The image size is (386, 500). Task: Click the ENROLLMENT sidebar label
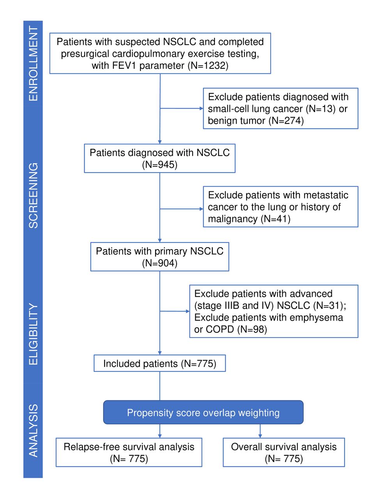pyautogui.click(x=33, y=64)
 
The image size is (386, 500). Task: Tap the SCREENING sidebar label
pyautogui.click(x=33, y=195)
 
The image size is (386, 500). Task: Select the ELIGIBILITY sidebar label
pyautogui.click(x=33, y=334)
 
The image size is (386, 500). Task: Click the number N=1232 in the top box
pyautogui.click(x=208, y=66)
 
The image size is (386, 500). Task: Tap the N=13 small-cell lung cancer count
pyautogui.click(x=321, y=109)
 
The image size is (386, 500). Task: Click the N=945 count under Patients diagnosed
pyautogui.click(x=159, y=165)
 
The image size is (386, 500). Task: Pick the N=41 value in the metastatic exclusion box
pyautogui.click(x=276, y=219)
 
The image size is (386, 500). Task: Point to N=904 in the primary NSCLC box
pyautogui.click(x=159, y=263)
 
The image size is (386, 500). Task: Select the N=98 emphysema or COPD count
pyautogui.click(x=252, y=330)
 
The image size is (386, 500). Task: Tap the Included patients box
pyautogui.click(x=159, y=363)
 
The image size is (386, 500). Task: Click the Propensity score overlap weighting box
pyautogui.click(x=203, y=412)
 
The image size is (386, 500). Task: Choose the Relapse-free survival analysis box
pyautogui.click(x=129, y=452)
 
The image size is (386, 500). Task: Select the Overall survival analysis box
pyautogui.click(x=284, y=452)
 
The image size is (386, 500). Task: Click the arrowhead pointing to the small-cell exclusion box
pyautogui.click(x=201, y=108)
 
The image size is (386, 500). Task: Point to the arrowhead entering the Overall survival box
pyautogui.click(x=260, y=436)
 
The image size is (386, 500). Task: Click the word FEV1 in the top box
pyautogui.click(x=124, y=66)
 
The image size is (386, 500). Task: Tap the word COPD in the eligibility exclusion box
pyautogui.click(x=220, y=330)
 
